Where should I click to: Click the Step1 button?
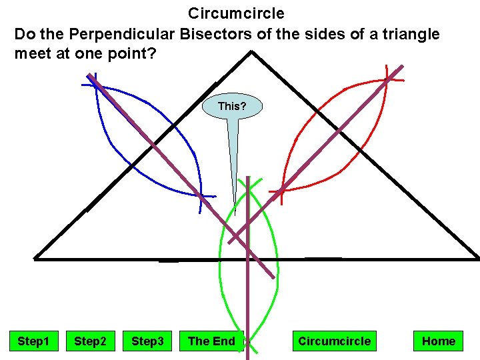click(33, 341)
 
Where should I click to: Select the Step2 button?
click(90, 341)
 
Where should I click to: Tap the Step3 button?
click(147, 341)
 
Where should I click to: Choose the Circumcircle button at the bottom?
click(334, 341)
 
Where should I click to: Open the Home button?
click(438, 341)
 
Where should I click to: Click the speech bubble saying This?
click(232, 106)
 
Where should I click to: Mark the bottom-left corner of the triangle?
click(35, 258)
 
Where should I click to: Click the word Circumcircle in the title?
click(236, 13)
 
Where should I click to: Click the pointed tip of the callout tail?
click(235, 215)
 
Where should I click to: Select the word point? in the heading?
click(131, 53)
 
